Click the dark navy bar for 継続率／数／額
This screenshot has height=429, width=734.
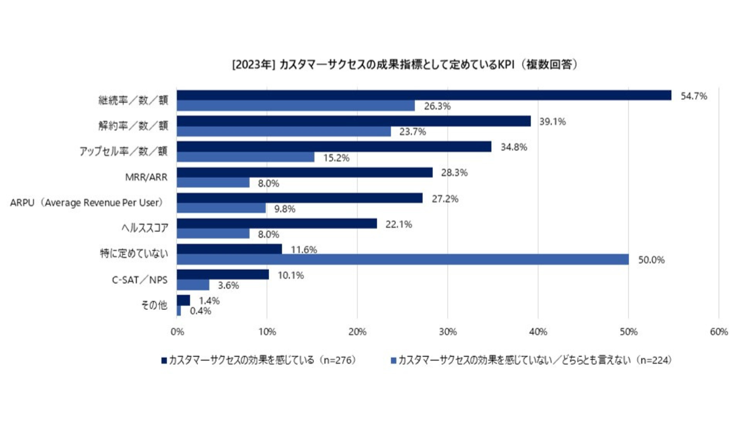423,95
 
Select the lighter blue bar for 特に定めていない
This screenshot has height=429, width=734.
403,259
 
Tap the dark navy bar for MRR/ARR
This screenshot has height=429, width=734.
305,172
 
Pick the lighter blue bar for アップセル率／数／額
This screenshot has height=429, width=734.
246,157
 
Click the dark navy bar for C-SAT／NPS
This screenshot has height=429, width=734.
223,274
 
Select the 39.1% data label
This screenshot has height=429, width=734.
553,121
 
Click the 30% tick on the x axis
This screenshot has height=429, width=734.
448,332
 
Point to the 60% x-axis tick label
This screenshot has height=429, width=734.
719,332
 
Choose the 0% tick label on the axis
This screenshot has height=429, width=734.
177,332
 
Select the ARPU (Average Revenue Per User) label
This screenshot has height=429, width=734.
86,202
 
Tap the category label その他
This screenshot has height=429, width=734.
155,305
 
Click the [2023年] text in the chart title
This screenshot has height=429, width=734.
254,65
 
